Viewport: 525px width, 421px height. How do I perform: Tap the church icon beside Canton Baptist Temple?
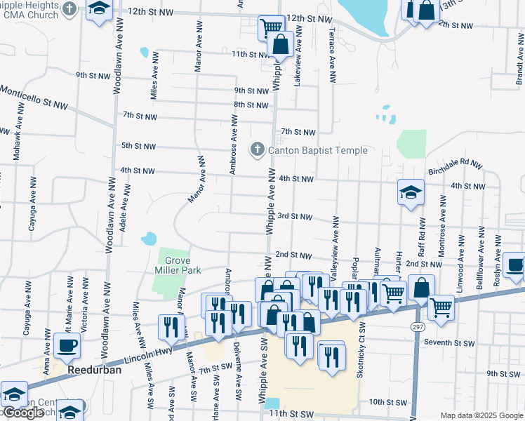point(258,149)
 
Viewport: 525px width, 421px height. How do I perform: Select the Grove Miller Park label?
point(178,265)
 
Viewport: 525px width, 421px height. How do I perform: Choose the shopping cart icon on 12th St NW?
point(270,29)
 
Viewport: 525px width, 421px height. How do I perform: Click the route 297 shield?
point(417,326)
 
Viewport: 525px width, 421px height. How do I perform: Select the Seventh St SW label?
point(449,343)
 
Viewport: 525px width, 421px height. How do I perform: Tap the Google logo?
point(22,413)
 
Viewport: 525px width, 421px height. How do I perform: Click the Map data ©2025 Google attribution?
point(481,415)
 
